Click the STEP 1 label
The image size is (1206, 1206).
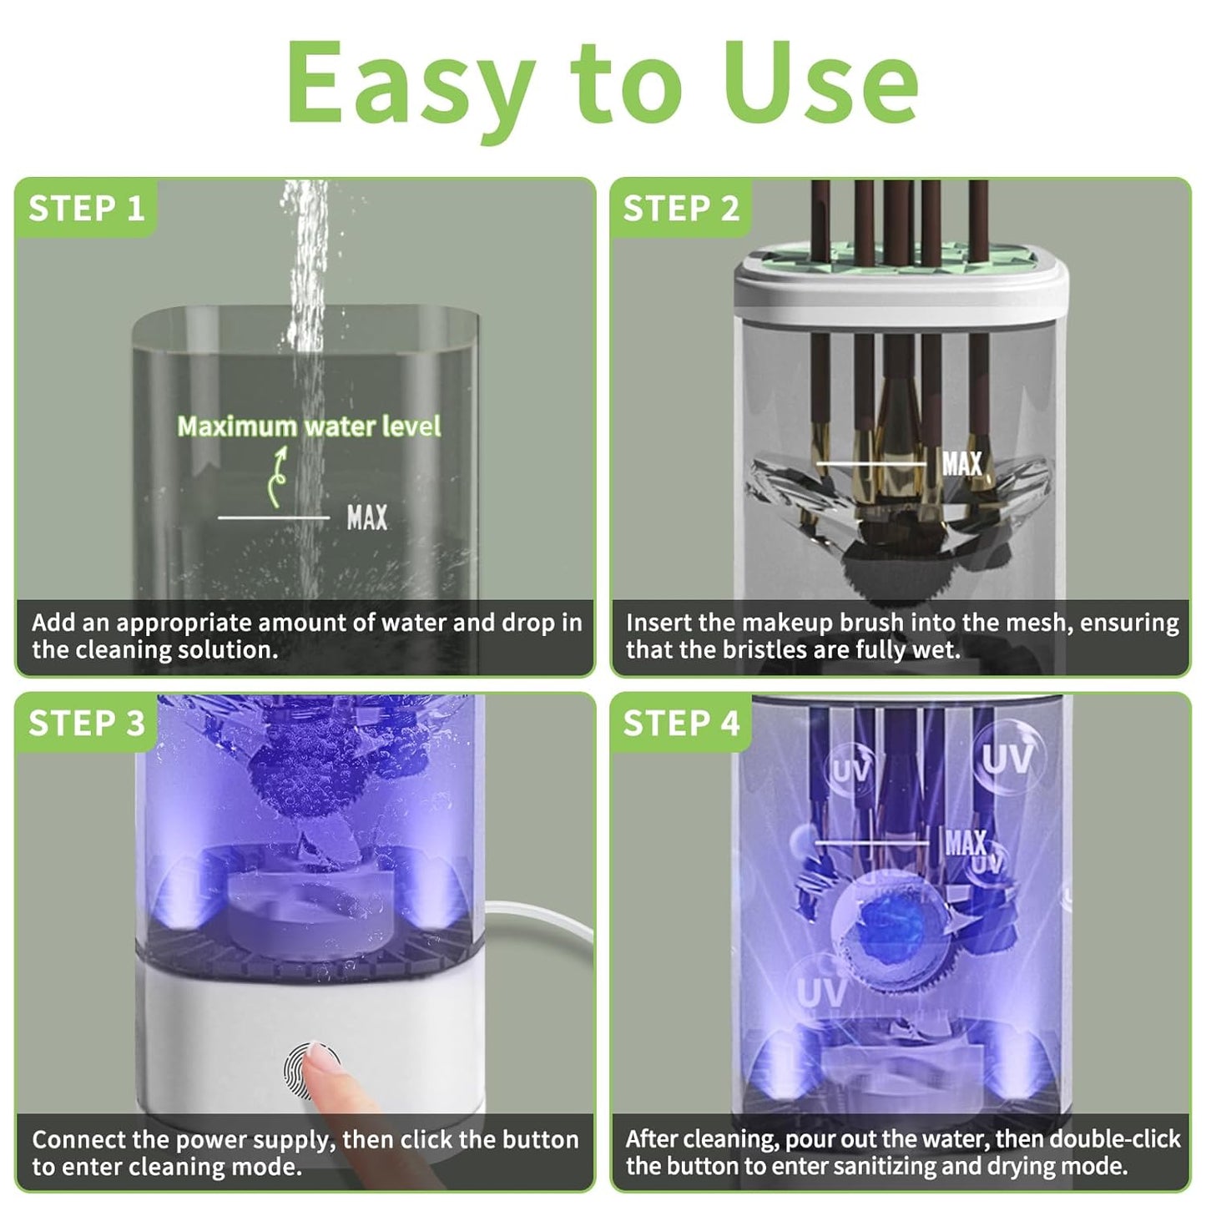point(87,209)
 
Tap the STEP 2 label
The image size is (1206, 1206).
point(681,209)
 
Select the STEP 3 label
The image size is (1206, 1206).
point(87,724)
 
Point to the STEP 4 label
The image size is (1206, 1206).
point(681,724)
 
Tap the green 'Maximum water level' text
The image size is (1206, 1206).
point(309,426)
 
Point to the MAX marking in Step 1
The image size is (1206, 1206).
point(367,518)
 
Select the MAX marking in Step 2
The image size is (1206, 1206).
point(961,463)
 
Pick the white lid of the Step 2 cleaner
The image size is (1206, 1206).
point(901,284)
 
